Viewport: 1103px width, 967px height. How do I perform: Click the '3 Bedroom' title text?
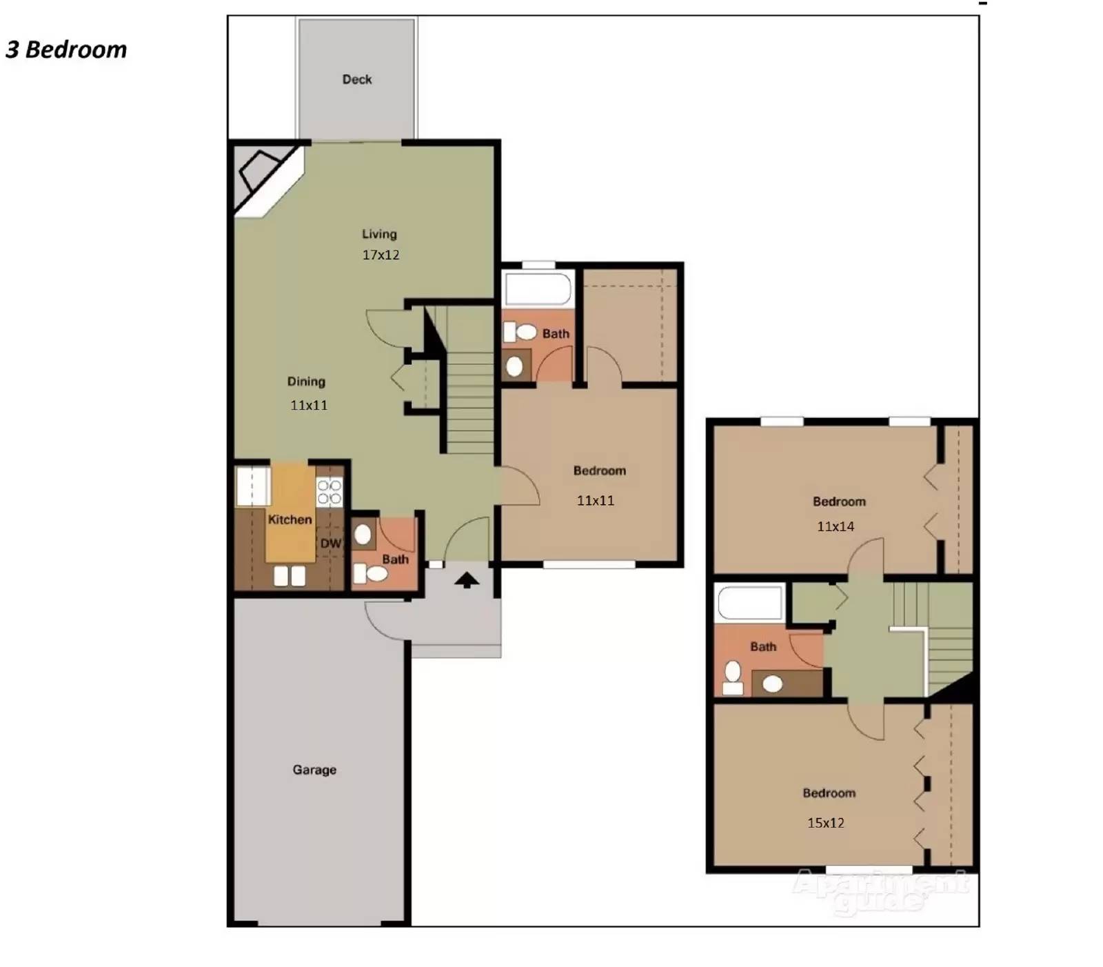point(66,50)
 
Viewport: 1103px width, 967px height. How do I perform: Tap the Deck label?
point(357,79)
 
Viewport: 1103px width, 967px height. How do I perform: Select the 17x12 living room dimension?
point(381,255)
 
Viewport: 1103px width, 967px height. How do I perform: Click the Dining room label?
point(306,381)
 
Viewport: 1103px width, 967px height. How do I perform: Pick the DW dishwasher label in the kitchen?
point(331,544)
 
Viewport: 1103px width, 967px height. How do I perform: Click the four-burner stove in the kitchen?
point(330,492)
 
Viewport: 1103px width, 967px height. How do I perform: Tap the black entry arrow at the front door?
point(467,580)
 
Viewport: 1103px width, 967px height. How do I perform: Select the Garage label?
point(314,769)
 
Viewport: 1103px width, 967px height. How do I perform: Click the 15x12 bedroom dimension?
point(826,822)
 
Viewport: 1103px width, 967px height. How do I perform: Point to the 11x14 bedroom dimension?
point(836,526)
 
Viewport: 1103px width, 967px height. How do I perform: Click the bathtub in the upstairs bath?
point(750,602)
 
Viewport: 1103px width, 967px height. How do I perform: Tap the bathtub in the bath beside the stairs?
point(538,288)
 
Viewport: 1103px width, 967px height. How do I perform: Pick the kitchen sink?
point(290,575)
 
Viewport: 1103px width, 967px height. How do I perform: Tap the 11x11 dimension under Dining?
point(309,405)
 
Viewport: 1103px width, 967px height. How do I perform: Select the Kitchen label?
point(290,519)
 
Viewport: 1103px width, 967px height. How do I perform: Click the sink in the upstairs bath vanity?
point(773,684)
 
